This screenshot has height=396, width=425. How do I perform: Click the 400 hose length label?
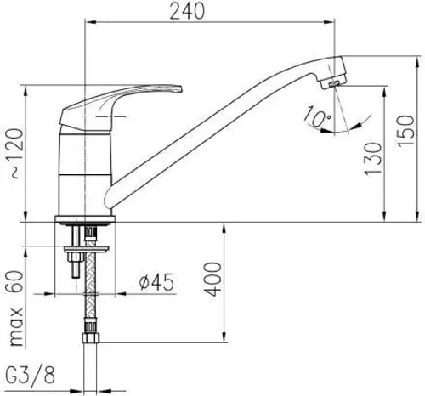coord(214,277)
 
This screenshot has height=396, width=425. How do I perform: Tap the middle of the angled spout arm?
coord(212,136)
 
